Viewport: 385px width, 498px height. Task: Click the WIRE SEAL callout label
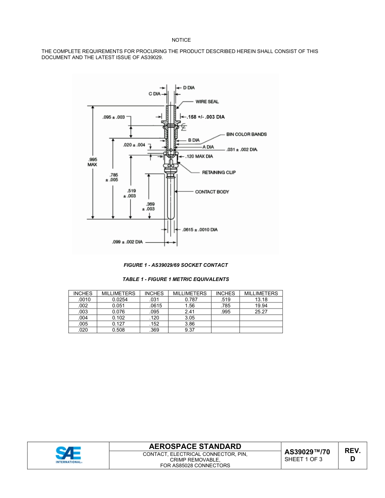tap(207, 102)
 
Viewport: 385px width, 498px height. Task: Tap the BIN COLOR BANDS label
tap(246, 134)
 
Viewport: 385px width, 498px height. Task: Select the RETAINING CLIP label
tap(219, 172)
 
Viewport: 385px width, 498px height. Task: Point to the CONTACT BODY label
tap(212, 192)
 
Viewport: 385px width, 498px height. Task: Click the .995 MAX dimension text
tap(92, 162)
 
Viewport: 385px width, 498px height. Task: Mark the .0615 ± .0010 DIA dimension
tap(200, 230)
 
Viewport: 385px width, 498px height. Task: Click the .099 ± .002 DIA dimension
tap(127, 242)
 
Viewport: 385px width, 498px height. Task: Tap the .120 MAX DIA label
tap(199, 156)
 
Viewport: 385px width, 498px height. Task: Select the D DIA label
tap(189, 87)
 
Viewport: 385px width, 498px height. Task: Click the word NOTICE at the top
tap(181, 40)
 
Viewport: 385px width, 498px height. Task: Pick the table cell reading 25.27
tap(261, 312)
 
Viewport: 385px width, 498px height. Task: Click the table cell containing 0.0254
tap(118, 300)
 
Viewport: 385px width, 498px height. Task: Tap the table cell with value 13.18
tap(261, 300)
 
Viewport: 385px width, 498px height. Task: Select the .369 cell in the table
tap(154, 330)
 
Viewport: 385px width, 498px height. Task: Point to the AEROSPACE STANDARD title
tap(195, 447)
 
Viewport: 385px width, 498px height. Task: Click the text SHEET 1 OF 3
tap(304, 459)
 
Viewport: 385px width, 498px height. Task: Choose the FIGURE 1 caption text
tap(175, 265)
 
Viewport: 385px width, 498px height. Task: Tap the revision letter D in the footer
tap(353, 459)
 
